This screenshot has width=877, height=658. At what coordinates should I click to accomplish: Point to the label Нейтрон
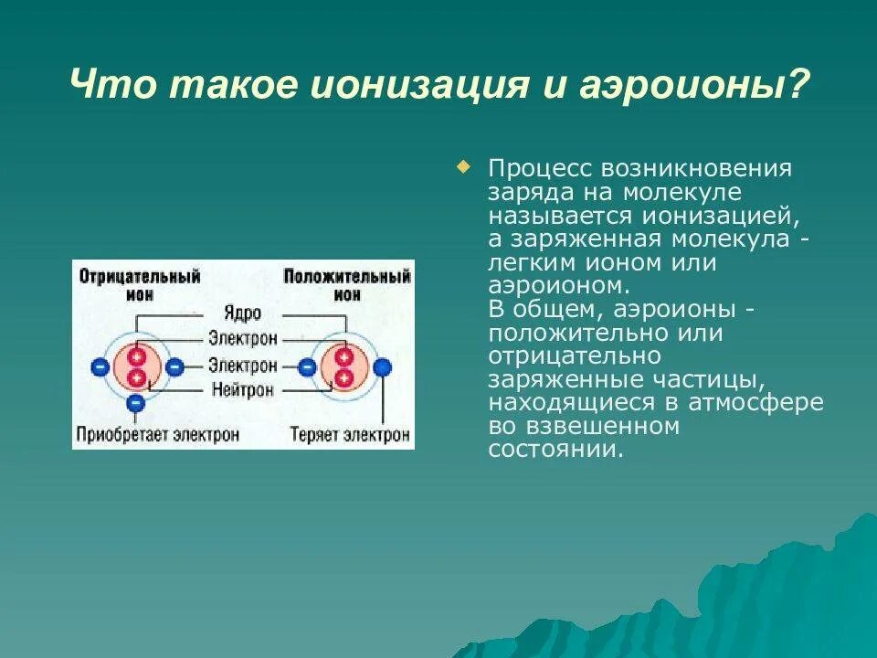pyautogui.click(x=242, y=389)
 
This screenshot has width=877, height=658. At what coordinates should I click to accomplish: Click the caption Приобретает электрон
pyautogui.click(x=158, y=435)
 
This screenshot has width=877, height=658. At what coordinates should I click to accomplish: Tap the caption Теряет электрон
pyautogui.click(x=350, y=435)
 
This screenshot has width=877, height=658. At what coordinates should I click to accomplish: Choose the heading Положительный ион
pyautogui.click(x=346, y=284)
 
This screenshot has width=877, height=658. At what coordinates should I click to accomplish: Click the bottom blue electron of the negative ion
pyautogui.click(x=135, y=402)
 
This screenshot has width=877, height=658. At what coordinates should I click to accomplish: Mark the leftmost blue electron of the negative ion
pyautogui.click(x=100, y=367)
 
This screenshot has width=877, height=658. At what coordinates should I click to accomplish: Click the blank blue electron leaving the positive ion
pyautogui.click(x=384, y=367)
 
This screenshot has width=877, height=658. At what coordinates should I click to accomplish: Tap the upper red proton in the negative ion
pyautogui.click(x=137, y=356)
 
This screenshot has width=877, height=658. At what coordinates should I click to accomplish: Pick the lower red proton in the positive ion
pyautogui.click(x=343, y=377)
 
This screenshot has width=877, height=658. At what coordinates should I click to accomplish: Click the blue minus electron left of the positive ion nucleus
pyautogui.click(x=307, y=367)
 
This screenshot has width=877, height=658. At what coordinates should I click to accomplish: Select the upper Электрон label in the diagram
pyautogui.click(x=242, y=338)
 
